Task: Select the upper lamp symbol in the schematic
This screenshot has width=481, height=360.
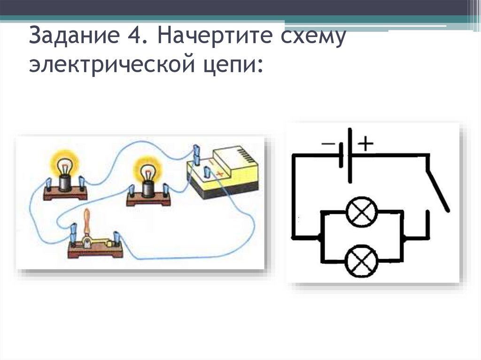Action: pos(361,212)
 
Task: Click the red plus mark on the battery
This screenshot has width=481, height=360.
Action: pos(217,173)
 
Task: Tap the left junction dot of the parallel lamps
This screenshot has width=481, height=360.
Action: pos(320,237)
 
